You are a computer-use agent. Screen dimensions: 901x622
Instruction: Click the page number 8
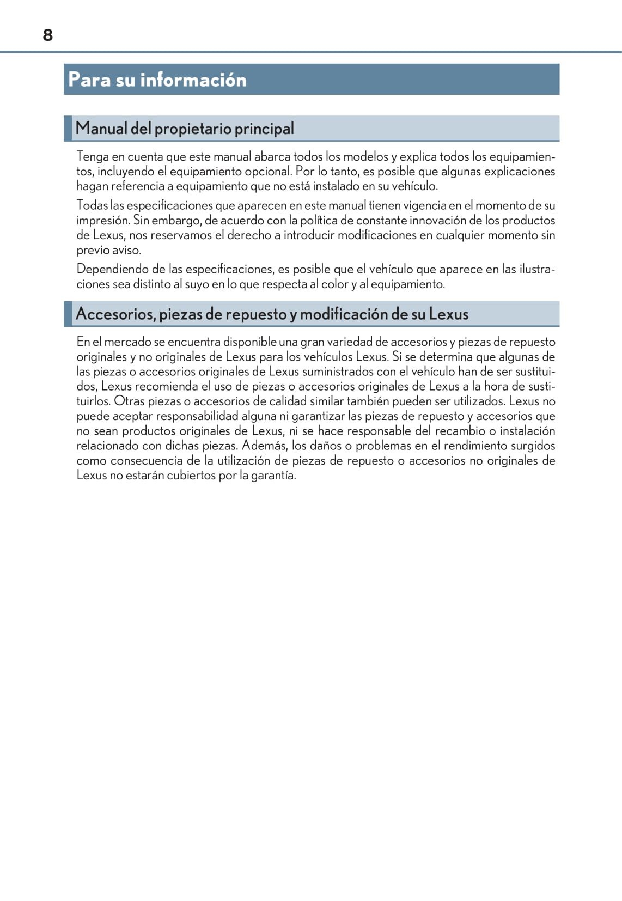pos(48,35)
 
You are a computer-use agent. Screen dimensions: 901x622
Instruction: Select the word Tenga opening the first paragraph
pos(93,157)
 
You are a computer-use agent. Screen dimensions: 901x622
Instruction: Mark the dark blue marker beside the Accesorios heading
pos(68,314)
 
